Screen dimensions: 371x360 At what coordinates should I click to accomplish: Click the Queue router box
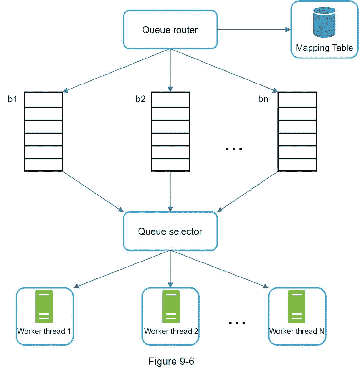click(170, 30)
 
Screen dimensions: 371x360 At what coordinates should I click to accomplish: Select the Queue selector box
click(170, 231)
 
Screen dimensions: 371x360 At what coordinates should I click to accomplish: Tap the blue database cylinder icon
click(324, 22)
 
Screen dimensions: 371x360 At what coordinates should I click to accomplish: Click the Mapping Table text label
click(324, 48)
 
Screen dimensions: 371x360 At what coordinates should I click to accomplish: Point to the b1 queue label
click(13, 99)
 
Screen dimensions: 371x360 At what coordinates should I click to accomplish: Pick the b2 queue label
click(140, 99)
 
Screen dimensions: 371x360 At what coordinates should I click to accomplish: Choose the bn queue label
click(264, 99)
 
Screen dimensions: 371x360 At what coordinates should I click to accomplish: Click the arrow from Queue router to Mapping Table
click(253, 30)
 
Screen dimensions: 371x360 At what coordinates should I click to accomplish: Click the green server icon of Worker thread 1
click(44, 306)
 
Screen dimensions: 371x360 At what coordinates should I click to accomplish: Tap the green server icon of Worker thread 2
click(171, 306)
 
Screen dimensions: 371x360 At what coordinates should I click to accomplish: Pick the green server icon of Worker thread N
click(297, 306)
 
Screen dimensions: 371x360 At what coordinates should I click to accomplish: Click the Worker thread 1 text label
click(44, 331)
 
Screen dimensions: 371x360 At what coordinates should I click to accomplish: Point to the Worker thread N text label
click(297, 331)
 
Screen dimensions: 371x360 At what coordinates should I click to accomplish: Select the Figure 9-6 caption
click(171, 361)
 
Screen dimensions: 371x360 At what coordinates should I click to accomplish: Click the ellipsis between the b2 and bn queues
click(234, 149)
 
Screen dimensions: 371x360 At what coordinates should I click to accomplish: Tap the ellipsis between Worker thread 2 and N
click(237, 323)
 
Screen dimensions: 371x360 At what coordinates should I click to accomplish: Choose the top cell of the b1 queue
click(43, 100)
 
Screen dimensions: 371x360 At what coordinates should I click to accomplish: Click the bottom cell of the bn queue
click(297, 165)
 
